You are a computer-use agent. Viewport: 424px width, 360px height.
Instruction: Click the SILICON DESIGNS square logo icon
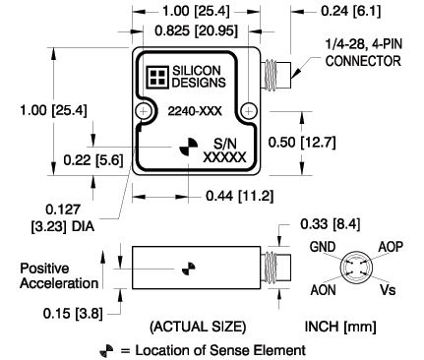[x=157, y=77]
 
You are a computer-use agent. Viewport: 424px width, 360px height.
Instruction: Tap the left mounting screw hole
[x=144, y=111]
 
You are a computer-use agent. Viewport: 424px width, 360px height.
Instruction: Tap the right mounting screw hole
[x=249, y=111]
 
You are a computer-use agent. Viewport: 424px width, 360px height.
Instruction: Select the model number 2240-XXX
[x=195, y=111]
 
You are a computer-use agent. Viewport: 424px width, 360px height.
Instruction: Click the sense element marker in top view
[x=189, y=148]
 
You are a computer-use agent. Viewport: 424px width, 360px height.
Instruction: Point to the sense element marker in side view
[x=189, y=269]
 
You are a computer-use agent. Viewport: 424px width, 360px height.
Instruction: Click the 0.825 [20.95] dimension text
[x=196, y=31]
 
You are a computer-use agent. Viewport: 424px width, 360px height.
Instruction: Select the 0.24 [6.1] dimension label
[x=351, y=11]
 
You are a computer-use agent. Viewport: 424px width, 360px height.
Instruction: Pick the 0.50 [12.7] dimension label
[x=302, y=143]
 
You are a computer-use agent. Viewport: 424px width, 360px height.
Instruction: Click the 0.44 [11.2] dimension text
[x=239, y=196]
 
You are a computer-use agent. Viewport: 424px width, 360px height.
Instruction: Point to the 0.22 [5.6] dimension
[x=93, y=160]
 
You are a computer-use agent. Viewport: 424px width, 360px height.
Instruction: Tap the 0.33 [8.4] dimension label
[x=330, y=224]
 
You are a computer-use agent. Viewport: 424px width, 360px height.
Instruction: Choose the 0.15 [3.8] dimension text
[x=73, y=314]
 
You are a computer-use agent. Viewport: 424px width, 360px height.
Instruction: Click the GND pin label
[x=323, y=247]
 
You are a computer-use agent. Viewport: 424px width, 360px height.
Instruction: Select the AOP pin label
[x=391, y=247]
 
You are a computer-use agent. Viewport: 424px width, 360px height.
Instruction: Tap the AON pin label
[x=324, y=290]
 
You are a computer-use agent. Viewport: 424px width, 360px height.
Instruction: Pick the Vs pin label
[x=388, y=290]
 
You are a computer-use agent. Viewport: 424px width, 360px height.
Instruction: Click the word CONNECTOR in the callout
[x=363, y=61]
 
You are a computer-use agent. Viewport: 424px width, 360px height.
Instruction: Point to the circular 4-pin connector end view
[x=356, y=269]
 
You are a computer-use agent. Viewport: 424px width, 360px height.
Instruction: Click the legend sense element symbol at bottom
[x=106, y=351]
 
